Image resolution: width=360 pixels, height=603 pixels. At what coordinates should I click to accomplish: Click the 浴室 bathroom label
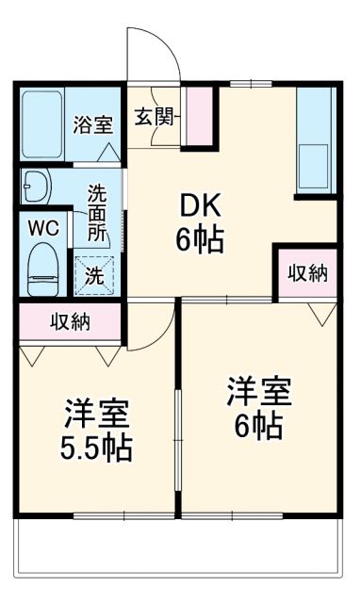[95, 124]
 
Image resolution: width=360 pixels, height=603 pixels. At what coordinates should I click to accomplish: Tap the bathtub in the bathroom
[42, 124]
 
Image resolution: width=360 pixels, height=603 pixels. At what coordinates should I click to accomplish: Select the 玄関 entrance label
[154, 117]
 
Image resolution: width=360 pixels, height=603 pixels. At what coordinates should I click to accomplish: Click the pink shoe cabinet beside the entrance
[200, 115]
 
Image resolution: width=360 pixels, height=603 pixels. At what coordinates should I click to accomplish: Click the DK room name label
[199, 205]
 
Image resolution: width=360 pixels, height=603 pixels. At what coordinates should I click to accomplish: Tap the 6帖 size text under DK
[199, 240]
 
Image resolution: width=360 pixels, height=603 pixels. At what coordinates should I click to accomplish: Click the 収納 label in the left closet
[70, 322]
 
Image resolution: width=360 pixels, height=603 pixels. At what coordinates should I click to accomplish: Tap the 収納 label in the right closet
[307, 273]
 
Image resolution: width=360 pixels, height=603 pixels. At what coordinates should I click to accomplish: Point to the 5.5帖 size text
[98, 447]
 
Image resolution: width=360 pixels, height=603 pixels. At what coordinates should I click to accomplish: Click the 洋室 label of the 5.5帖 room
[97, 413]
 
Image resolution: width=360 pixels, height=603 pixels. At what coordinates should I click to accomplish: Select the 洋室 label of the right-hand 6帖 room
[258, 391]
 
